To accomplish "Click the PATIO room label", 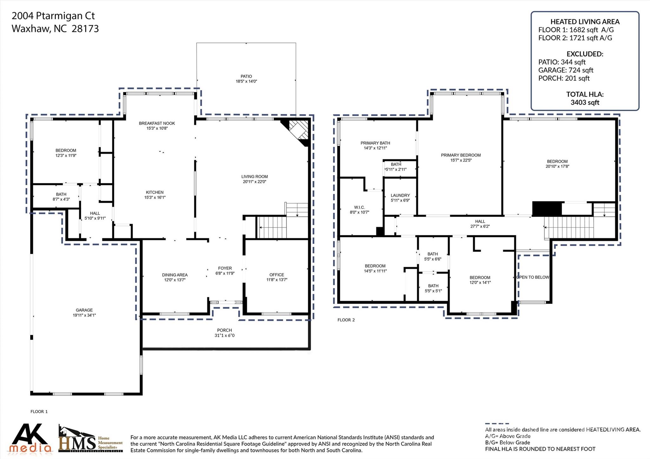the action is tap(246, 76).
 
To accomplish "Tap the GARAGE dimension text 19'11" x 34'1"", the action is tap(84, 315).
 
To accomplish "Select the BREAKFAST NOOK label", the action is tap(157, 123).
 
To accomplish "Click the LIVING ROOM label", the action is tap(255, 177).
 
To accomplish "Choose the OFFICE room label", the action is tap(277, 275).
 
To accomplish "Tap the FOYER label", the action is tap(225, 268).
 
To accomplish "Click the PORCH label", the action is tap(224, 330).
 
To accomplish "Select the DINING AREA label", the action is tap(175, 275).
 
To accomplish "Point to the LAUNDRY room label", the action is tap(400, 195).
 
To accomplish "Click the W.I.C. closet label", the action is tap(359, 207).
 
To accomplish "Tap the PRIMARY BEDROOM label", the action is tap(461, 155).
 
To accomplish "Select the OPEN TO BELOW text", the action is tap(533, 277).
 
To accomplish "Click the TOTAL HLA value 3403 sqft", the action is tap(585, 102).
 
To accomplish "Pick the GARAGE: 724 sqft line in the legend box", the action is tap(566, 70).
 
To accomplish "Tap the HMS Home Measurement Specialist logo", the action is tap(90, 439).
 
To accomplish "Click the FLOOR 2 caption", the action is tap(346, 320).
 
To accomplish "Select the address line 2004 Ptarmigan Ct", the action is tap(53, 16).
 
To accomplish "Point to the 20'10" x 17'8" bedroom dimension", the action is tap(557, 166).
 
